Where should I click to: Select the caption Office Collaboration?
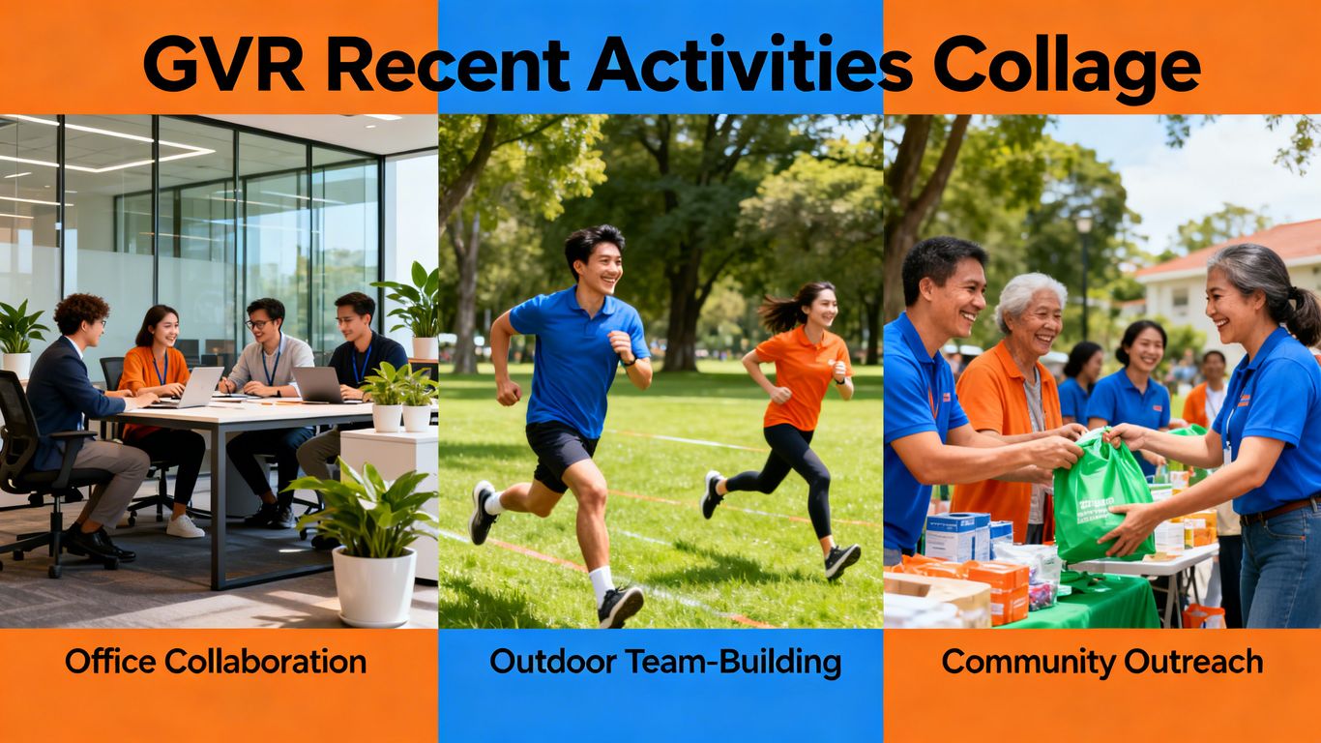(216, 662)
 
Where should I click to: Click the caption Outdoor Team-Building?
(665, 662)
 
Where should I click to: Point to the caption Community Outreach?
(1102, 662)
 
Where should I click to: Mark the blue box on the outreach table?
(955, 536)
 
